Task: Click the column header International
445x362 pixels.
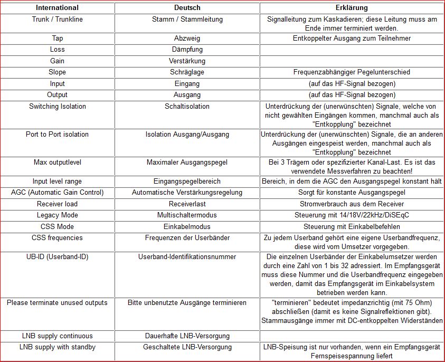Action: pyautogui.click(x=57, y=8)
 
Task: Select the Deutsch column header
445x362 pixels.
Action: pyautogui.click(x=187, y=8)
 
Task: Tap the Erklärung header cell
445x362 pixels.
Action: pyautogui.click(x=352, y=8)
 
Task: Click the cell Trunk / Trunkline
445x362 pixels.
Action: pyautogui.click(x=57, y=20)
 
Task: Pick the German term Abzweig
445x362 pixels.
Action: pyautogui.click(x=187, y=38)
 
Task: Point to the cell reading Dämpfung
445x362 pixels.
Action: pyautogui.click(x=187, y=50)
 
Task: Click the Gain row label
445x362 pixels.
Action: pyautogui.click(x=57, y=61)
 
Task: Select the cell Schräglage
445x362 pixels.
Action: pyautogui.click(x=187, y=72)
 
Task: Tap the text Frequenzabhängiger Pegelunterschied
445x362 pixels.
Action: pyautogui.click(x=352, y=72)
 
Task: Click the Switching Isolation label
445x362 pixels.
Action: pyautogui.click(x=57, y=106)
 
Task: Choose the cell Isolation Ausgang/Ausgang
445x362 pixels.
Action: pyautogui.click(x=187, y=134)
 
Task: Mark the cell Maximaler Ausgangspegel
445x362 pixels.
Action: pyautogui.click(x=187, y=162)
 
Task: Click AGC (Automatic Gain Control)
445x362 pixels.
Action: pyautogui.click(x=57, y=192)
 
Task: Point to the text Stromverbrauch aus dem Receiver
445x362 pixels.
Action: pyautogui.click(x=352, y=204)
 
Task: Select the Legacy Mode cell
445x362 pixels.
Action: pyautogui.click(x=57, y=215)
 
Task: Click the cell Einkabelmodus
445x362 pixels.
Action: pyautogui.click(x=187, y=226)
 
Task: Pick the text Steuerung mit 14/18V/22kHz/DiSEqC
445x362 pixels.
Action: pyautogui.click(x=352, y=215)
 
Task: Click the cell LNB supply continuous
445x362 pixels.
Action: pyautogui.click(x=57, y=336)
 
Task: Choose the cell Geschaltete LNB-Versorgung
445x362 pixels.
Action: pyautogui.click(x=187, y=347)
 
